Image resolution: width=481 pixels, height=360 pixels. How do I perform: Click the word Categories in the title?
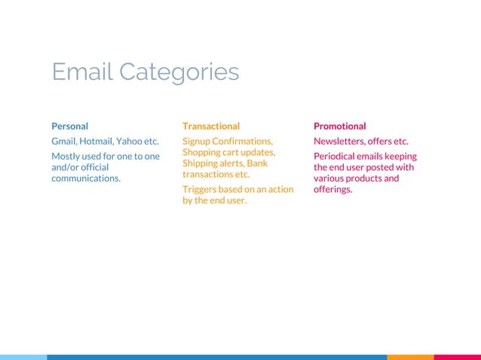pyautogui.click(x=179, y=72)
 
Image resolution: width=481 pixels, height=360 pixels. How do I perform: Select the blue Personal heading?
pyautogui.click(x=69, y=126)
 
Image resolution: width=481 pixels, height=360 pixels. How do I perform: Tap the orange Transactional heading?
pyautogui.click(x=211, y=126)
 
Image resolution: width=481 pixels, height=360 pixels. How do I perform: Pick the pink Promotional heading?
pyautogui.click(x=340, y=126)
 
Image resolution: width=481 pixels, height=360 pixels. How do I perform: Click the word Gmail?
pyautogui.click(x=65, y=141)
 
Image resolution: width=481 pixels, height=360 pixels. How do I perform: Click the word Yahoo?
pyautogui.click(x=134, y=141)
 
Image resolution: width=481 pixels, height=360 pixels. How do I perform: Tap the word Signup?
pyautogui.click(x=198, y=141)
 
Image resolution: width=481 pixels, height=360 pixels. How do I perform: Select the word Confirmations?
pyautogui.click(x=244, y=141)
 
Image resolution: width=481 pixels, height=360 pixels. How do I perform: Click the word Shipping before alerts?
pyautogui.click(x=201, y=163)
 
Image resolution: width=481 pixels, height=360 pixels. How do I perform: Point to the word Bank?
pyautogui.click(x=257, y=163)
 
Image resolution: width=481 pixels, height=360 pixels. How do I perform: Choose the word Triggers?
pyautogui.click(x=200, y=189)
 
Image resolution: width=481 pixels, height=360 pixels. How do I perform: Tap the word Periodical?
pyautogui.click(x=337, y=156)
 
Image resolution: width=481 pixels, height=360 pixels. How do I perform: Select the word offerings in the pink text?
pyautogui.click(x=333, y=189)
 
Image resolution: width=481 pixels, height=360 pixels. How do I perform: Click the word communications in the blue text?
pyautogui.click(x=86, y=178)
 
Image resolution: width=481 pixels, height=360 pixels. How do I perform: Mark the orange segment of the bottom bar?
pyautogui.click(x=410, y=357)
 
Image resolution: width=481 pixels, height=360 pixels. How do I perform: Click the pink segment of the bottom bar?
pyautogui.click(x=457, y=357)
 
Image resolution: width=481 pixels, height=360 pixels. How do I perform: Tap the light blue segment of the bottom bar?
pyautogui.click(x=23, y=357)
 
